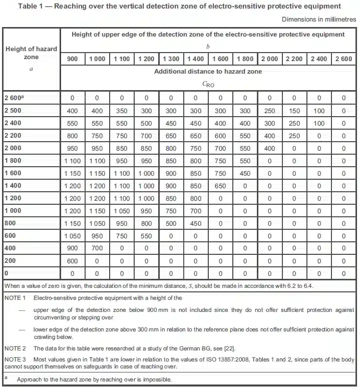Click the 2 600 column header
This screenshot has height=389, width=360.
pos(343,59)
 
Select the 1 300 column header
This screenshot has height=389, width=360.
pos(171,59)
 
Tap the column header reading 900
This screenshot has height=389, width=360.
pos(73,59)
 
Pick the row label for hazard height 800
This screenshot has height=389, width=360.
pos(11,224)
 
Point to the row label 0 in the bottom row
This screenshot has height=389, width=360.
pos(7,274)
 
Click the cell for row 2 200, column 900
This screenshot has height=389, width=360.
pos(73,136)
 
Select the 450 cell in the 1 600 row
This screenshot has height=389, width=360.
pos(245,174)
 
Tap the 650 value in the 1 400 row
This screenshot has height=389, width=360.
pos(220,186)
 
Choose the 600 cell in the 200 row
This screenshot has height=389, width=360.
pos(73,261)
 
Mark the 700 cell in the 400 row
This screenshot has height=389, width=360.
pos(97,249)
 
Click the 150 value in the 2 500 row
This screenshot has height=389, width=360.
pos(294,111)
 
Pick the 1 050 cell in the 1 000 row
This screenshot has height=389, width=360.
pos(122,211)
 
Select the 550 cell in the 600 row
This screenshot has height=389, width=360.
pos(146,236)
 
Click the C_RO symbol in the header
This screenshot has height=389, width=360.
pos(208,84)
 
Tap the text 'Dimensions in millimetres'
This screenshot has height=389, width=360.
pos(318,19)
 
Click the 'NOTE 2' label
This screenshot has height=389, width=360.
pos(15,348)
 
